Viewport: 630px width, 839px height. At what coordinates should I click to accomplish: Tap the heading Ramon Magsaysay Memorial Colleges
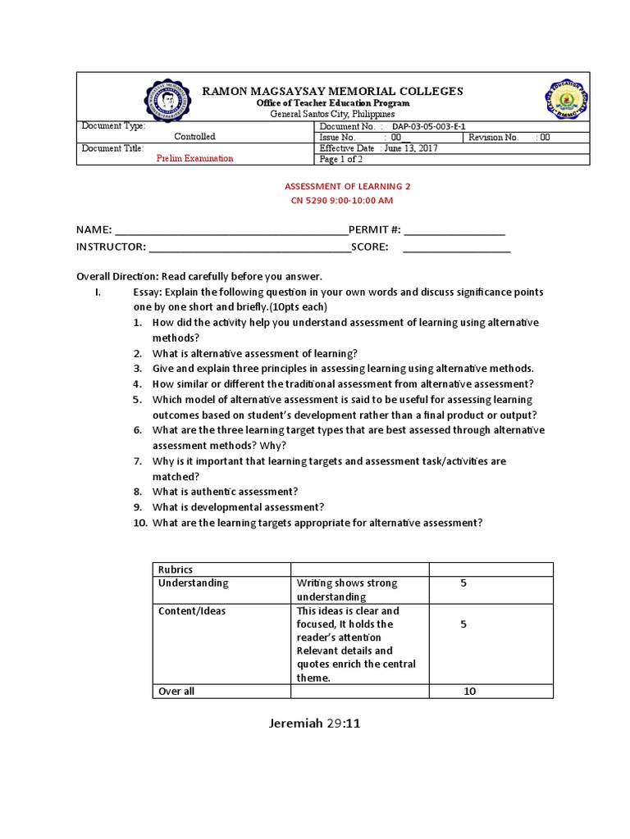point(333,91)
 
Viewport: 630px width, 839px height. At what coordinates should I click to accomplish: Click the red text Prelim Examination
point(194,159)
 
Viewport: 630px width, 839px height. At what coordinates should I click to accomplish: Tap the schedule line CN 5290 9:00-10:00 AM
point(341,200)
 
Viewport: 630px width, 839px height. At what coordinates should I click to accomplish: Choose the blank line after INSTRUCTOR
point(249,247)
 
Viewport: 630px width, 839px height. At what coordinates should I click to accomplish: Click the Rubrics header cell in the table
point(175,569)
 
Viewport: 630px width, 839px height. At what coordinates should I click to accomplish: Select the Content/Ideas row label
point(192,611)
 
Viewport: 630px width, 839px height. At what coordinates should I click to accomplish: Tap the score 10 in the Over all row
point(469,692)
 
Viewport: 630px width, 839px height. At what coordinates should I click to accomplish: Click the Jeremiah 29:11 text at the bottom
point(314,724)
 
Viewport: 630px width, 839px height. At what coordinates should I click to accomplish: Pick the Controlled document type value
point(194,138)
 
